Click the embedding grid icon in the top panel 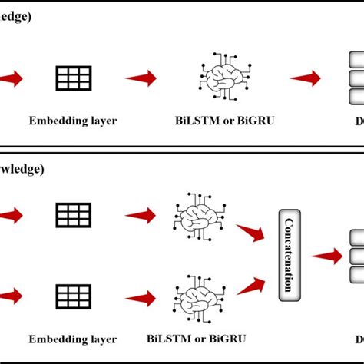pos(74,78)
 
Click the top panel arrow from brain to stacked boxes pos(306,78)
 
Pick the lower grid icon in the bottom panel pos(74,294)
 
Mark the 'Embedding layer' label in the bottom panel pos(73,338)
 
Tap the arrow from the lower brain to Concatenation pos(250,286)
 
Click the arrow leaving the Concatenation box pos(326,256)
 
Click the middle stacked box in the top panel pos(356,78)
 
